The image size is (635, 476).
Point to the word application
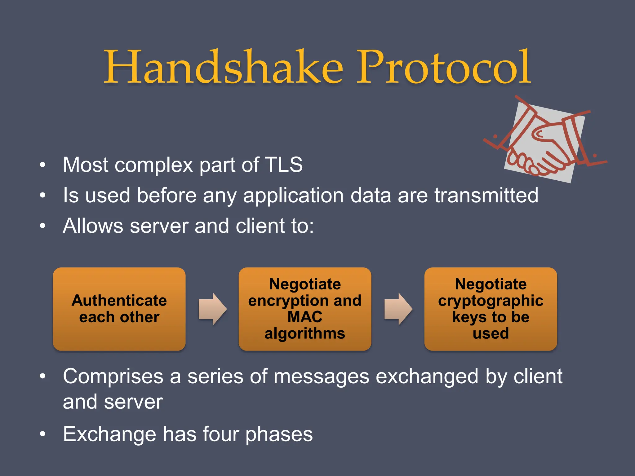click(293, 196)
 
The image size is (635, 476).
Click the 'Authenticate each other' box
click(119, 309)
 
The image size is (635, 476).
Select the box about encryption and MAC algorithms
click(305, 309)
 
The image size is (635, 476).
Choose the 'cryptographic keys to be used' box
click(491, 309)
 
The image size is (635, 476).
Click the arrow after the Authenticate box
click(213, 309)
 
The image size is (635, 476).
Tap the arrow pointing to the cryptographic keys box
click(398, 309)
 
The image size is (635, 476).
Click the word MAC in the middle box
click(305, 317)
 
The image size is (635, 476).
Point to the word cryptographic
click(491, 301)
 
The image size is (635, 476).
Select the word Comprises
click(113, 377)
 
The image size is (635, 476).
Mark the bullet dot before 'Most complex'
click(42, 165)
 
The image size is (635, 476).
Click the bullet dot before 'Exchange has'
click(42, 434)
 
